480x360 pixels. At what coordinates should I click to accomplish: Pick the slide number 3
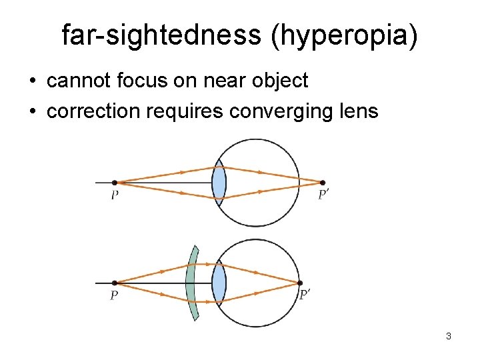click(x=449, y=336)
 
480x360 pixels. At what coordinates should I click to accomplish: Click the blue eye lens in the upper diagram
click(x=219, y=182)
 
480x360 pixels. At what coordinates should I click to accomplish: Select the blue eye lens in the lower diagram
click(x=219, y=283)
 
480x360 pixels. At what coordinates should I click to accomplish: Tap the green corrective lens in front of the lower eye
click(x=192, y=283)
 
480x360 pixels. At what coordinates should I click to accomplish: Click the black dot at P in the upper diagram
click(x=115, y=182)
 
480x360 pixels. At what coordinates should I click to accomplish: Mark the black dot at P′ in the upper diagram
click(x=323, y=182)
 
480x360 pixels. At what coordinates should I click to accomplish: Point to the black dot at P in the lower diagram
click(x=115, y=283)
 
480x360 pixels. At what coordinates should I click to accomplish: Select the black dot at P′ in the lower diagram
click(x=300, y=283)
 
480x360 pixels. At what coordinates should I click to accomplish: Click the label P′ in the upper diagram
click(x=324, y=195)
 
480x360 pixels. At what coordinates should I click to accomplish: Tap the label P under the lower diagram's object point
click(x=115, y=295)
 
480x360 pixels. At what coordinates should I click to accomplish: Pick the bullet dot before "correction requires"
click(x=33, y=111)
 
